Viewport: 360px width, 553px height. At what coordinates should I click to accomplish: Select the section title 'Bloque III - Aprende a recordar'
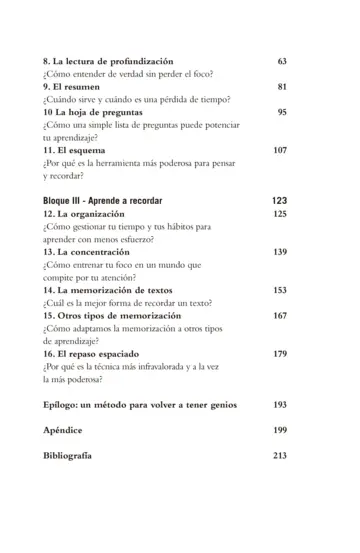103,201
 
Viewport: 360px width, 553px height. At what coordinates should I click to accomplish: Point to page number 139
279,253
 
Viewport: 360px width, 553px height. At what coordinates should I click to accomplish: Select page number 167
279,317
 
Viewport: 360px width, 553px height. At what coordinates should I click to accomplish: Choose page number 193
279,405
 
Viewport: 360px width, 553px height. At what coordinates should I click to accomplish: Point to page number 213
279,456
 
